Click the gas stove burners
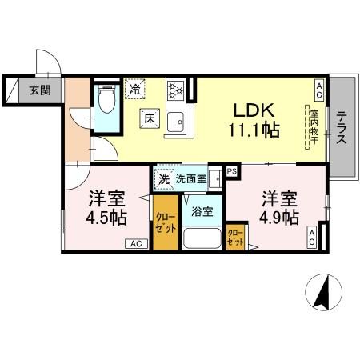click(x=176, y=91)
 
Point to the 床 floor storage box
click(x=150, y=118)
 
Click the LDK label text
click(x=254, y=110)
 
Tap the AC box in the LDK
click(x=318, y=86)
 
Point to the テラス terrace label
click(x=342, y=126)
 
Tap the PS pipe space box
click(x=232, y=170)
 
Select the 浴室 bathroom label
click(x=202, y=212)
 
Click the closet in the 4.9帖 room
click(x=236, y=238)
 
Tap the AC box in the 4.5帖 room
click(x=134, y=244)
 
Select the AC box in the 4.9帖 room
click(x=314, y=235)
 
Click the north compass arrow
click(x=325, y=295)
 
